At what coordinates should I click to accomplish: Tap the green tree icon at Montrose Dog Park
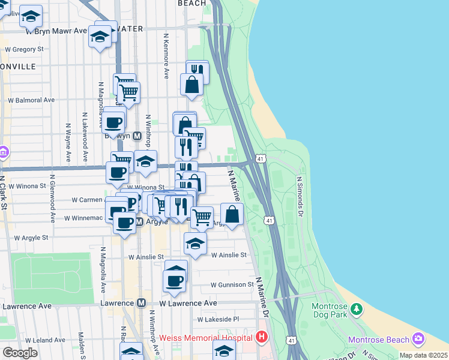tap(357, 309)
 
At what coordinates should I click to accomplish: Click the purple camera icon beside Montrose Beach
tap(418, 340)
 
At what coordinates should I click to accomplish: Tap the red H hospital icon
tap(261, 337)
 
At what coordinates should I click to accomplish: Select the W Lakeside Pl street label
tap(219, 320)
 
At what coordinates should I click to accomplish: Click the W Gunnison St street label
tap(232, 284)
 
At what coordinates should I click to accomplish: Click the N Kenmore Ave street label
tap(166, 56)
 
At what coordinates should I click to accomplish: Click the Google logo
tap(20, 353)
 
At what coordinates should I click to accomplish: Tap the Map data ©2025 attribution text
tap(423, 355)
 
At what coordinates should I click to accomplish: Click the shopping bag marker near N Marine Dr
tap(232, 214)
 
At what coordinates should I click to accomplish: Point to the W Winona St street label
tap(27, 187)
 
